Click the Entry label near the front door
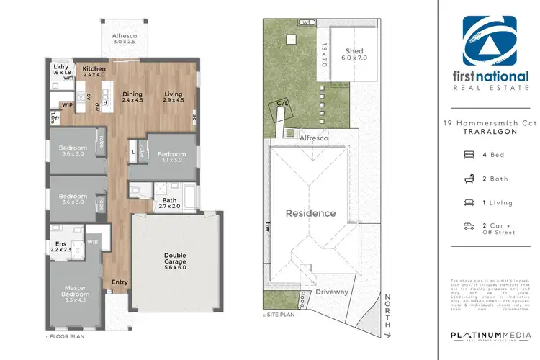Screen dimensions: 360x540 [120, 282]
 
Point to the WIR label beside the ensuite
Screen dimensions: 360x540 [92, 243]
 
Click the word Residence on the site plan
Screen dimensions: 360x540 [311, 213]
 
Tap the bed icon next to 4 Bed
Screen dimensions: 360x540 [468, 154]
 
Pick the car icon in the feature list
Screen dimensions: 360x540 [468, 226]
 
